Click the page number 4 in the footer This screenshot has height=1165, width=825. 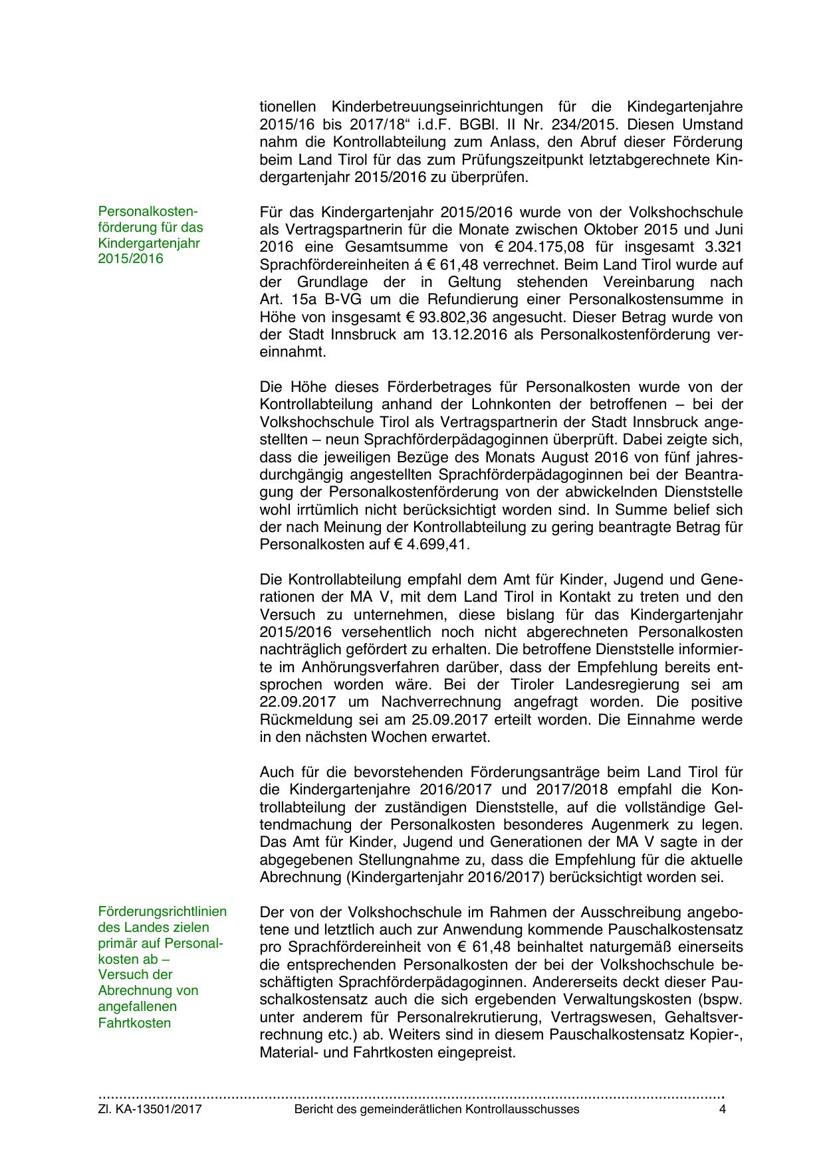(722, 1109)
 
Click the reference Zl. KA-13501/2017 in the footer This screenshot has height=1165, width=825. (150, 1109)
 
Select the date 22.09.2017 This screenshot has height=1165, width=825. (302, 702)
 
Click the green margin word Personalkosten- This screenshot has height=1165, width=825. (148, 211)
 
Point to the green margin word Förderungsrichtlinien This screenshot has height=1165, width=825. (162, 911)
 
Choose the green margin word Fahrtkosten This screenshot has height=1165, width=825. (134, 1023)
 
